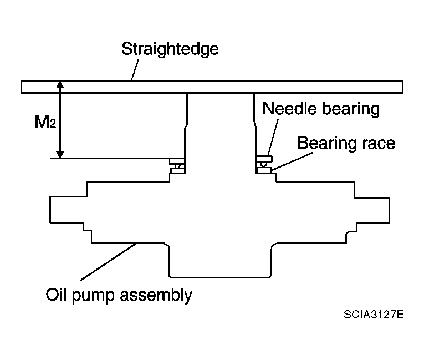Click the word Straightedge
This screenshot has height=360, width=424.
[x=170, y=49]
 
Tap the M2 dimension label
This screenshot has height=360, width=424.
[x=45, y=121]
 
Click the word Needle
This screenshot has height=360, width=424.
[x=290, y=109]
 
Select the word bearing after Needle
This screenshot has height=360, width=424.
[x=351, y=110]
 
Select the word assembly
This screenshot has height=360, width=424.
[x=156, y=295]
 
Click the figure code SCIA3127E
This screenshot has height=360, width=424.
[x=374, y=315]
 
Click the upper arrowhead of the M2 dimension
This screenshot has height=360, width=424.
[x=60, y=85]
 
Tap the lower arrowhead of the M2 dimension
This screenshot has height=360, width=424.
[x=60, y=155]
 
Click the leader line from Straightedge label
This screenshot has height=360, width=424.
[x=135, y=70]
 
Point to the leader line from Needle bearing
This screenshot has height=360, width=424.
[x=273, y=137]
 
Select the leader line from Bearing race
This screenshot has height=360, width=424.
[x=292, y=161]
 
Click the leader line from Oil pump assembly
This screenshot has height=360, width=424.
[x=108, y=262]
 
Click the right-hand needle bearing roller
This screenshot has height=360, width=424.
[x=263, y=164]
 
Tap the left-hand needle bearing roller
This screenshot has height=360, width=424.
[x=177, y=166]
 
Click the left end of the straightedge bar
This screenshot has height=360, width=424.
[x=22, y=87]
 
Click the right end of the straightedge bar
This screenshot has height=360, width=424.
[x=402, y=87]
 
